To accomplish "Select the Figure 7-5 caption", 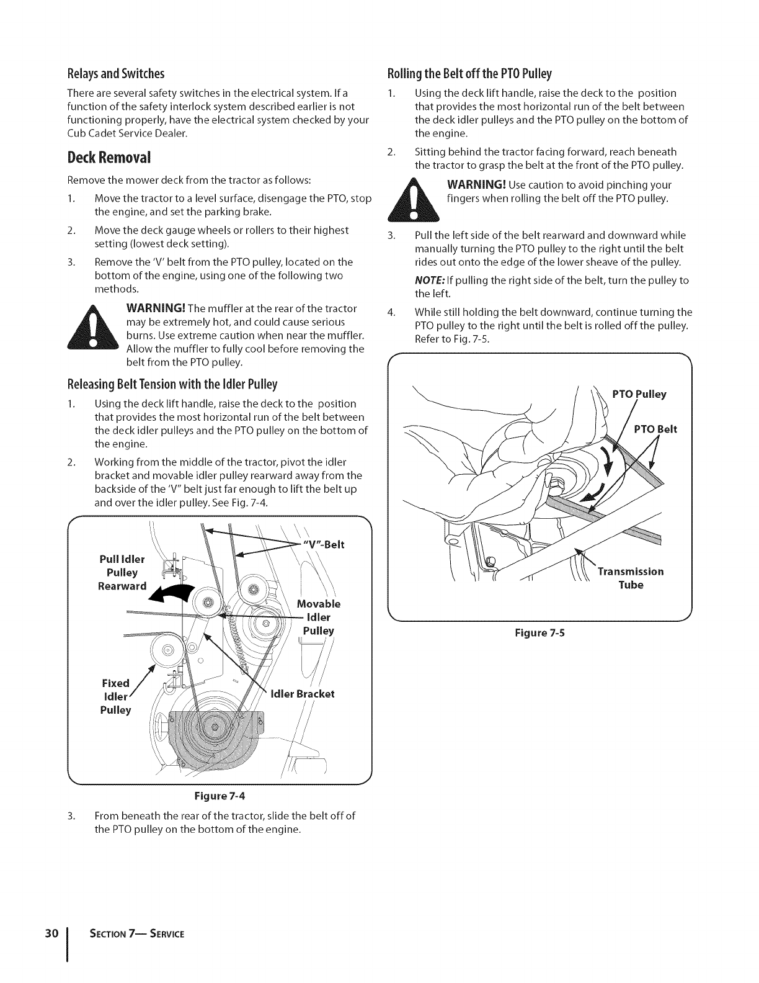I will tap(539, 634).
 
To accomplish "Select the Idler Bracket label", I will tap(303, 693).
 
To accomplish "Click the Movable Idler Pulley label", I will tap(319, 617).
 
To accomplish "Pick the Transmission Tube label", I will tap(631, 578).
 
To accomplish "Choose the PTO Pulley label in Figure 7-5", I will tap(639, 394).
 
